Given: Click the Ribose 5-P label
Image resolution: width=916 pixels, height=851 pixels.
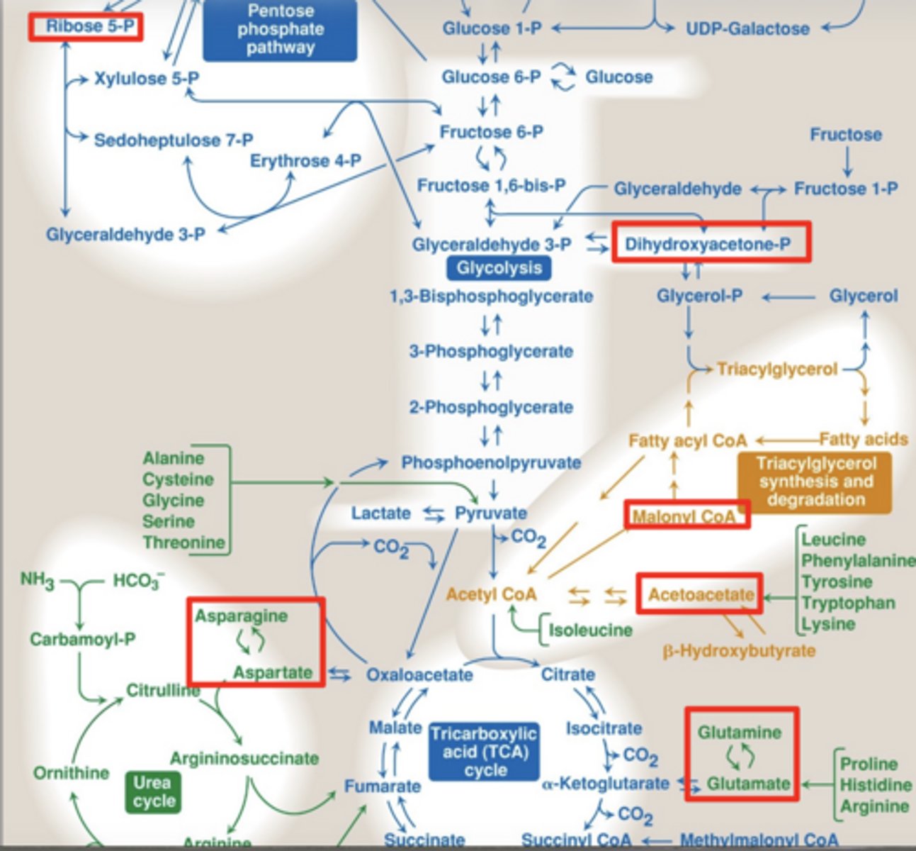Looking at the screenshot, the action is point(91,26).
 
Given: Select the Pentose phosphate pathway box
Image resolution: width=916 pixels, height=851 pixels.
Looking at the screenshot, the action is point(280,29).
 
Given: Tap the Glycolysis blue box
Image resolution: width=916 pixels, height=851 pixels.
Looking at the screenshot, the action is point(499,268).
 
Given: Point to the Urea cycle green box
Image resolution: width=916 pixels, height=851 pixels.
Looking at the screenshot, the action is point(154,791).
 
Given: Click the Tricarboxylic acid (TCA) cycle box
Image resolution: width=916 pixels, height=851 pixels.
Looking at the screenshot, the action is point(484,752).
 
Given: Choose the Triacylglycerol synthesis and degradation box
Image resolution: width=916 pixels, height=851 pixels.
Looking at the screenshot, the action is point(815,482).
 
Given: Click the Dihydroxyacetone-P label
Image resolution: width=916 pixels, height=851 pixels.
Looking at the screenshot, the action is point(708,244).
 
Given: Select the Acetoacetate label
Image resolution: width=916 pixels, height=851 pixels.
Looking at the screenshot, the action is point(701,595).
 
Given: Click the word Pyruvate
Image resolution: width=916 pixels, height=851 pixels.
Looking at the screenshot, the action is point(491,513).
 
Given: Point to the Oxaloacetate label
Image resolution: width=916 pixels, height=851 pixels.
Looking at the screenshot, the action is point(419,675).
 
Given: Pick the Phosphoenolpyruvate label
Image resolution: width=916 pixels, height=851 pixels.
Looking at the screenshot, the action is point(491,462).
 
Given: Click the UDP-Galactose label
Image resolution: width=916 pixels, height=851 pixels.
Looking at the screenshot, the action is point(747,28).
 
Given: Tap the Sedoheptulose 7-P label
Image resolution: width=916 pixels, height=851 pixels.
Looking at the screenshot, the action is point(174,140).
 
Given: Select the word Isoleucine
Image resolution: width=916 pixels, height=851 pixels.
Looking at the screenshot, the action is point(590,630).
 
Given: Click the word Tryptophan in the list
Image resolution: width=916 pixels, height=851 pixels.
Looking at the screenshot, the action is point(848,603).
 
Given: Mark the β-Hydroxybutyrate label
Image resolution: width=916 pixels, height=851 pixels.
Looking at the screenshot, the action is point(739,651).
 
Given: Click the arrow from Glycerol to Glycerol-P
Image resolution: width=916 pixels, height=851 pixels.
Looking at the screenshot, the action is point(788,298).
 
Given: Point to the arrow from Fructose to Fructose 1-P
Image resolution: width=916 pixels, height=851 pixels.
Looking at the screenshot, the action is point(847,162).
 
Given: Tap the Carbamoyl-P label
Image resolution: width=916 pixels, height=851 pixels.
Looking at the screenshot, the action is point(83,640).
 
